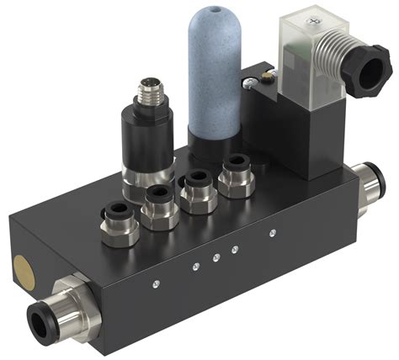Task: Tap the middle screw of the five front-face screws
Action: pos(216,256)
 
